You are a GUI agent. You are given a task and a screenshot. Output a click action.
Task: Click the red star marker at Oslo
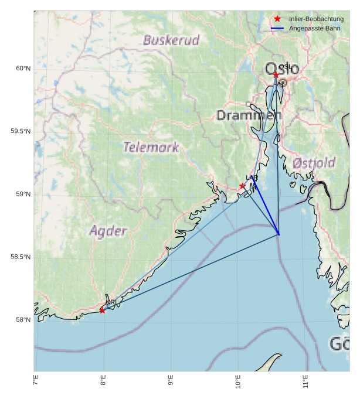click(x=276, y=75)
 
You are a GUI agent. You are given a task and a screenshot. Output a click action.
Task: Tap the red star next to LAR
click(x=242, y=186)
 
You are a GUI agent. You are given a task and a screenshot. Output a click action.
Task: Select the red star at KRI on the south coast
click(x=102, y=310)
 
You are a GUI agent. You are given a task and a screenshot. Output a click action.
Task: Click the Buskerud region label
click(x=171, y=40)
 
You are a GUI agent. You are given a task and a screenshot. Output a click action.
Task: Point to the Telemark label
click(x=151, y=147)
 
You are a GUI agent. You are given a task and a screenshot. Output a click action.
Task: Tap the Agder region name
click(x=108, y=231)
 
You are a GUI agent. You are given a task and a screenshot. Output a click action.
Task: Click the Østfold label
click(x=314, y=163)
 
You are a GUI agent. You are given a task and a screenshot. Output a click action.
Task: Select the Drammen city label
click(x=249, y=115)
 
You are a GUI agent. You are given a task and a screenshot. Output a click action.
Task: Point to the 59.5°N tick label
click(x=21, y=131)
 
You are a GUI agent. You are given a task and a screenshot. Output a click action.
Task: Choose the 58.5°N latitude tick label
click(x=21, y=257)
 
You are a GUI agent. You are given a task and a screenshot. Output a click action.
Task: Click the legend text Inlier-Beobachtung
click(x=316, y=19)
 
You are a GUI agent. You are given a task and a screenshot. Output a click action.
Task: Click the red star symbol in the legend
click(x=277, y=19)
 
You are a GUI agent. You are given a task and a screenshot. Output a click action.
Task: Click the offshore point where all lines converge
click(x=279, y=234)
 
